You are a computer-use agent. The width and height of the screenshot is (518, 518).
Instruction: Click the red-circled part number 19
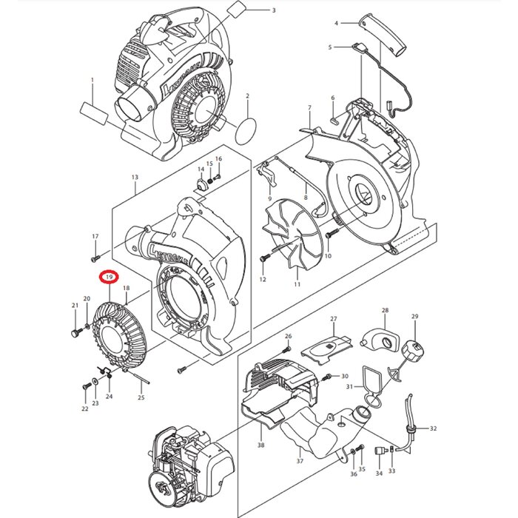[x=109, y=277]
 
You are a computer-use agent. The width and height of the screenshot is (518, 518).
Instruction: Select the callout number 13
[x=135, y=178]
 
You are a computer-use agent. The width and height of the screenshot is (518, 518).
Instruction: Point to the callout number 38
[x=260, y=445]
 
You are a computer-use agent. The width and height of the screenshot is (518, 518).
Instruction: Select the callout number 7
[x=309, y=109]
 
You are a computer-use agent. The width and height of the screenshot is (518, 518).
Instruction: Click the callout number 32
[x=434, y=428]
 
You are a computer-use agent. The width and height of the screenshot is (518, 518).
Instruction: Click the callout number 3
[x=273, y=10]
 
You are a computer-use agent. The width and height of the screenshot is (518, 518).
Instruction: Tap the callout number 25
[x=141, y=398]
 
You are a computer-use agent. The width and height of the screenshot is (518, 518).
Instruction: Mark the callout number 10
[x=327, y=256]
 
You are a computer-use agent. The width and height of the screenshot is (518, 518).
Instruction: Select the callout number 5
[x=330, y=47]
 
